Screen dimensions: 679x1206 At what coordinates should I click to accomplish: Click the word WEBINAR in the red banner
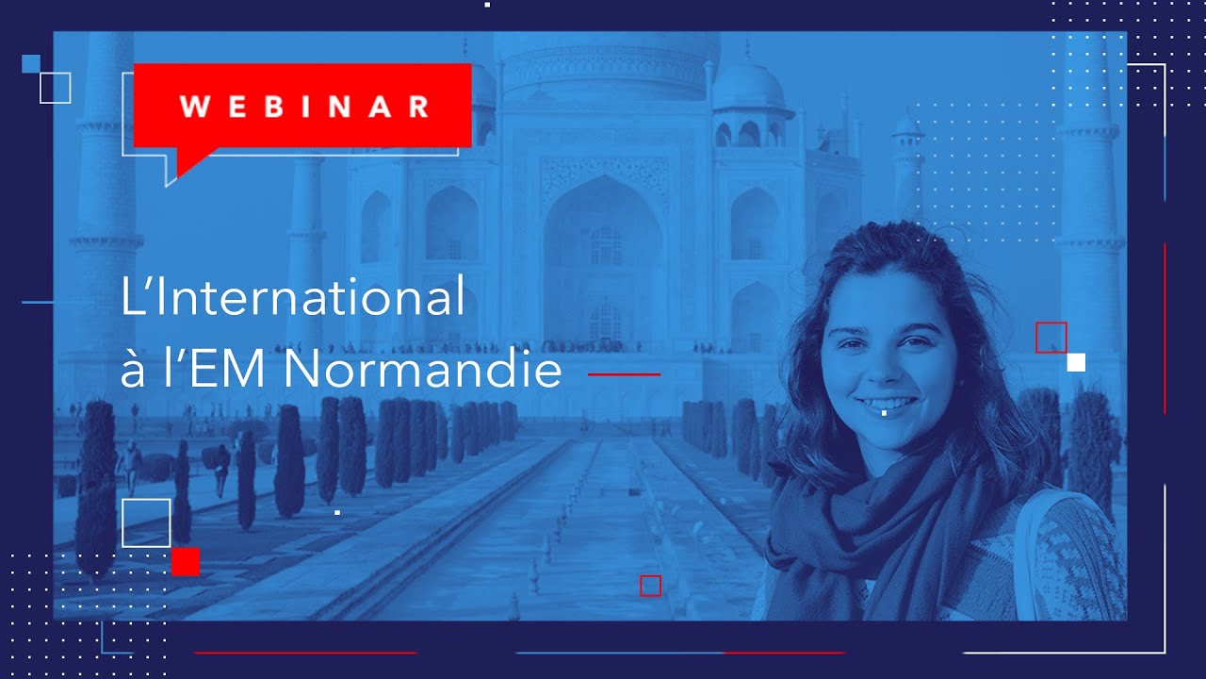click(x=303, y=106)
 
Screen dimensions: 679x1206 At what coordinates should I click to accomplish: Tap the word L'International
click(x=293, y=297)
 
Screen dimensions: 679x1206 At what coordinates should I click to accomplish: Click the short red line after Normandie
click(x=624, y=374)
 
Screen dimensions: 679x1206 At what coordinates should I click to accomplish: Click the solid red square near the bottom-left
click(x=186, y=561)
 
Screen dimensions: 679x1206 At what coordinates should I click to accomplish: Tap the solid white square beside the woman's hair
click(x=1076, y=362)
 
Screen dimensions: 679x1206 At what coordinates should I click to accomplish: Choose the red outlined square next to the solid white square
click(x=1051, y=337)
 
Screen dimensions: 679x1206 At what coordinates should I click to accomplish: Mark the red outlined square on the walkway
click(x=650, y=586)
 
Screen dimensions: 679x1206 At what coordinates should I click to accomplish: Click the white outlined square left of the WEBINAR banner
click(x=56, y=88)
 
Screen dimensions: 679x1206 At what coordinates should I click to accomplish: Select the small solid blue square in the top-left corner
click(x=30, y=63)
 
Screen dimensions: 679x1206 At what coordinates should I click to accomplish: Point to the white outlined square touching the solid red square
click(x=146, y=522)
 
